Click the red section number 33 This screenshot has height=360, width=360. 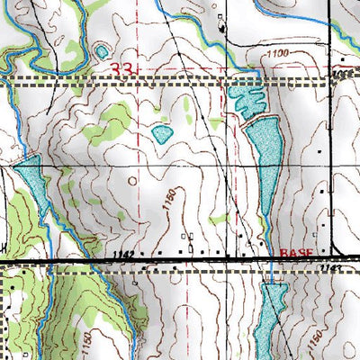[x=125, y=68]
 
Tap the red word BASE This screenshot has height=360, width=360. [x=294, y=255]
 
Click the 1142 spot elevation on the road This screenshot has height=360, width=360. [x=126, y=256]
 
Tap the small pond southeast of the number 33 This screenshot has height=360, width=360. [x=162, y=135]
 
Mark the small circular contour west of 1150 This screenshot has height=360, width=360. [x=134, y=180]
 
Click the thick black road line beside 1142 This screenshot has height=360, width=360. [x=90, y=261]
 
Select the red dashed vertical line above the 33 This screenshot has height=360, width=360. [x=138, y=31]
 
